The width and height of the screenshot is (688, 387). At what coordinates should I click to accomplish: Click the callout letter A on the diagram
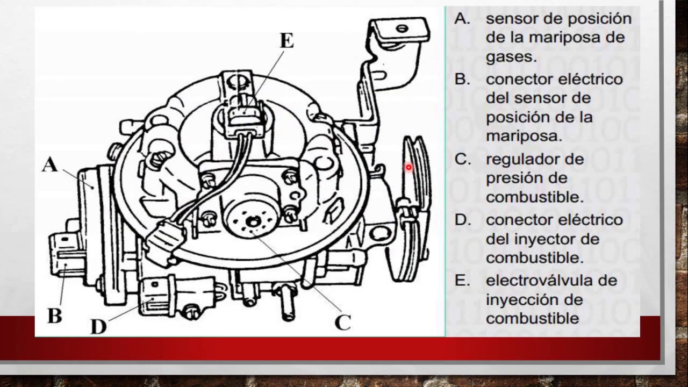pos(49,164)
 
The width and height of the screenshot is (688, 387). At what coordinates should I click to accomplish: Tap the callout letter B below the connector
pos(54,315)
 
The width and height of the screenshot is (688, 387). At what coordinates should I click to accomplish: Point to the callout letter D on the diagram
pos(98,325)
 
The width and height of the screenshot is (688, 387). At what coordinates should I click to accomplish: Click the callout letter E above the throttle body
pos(286,41)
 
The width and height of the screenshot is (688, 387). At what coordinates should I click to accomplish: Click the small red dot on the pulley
pos(408,168)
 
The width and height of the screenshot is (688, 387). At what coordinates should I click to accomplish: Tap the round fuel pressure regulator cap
pos(252,219)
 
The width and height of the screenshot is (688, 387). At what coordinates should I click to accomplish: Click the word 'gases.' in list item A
pos(511,57)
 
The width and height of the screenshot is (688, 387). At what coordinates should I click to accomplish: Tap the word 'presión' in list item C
pos(511,178)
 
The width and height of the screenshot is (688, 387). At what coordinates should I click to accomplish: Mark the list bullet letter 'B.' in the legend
pos(463,80)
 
